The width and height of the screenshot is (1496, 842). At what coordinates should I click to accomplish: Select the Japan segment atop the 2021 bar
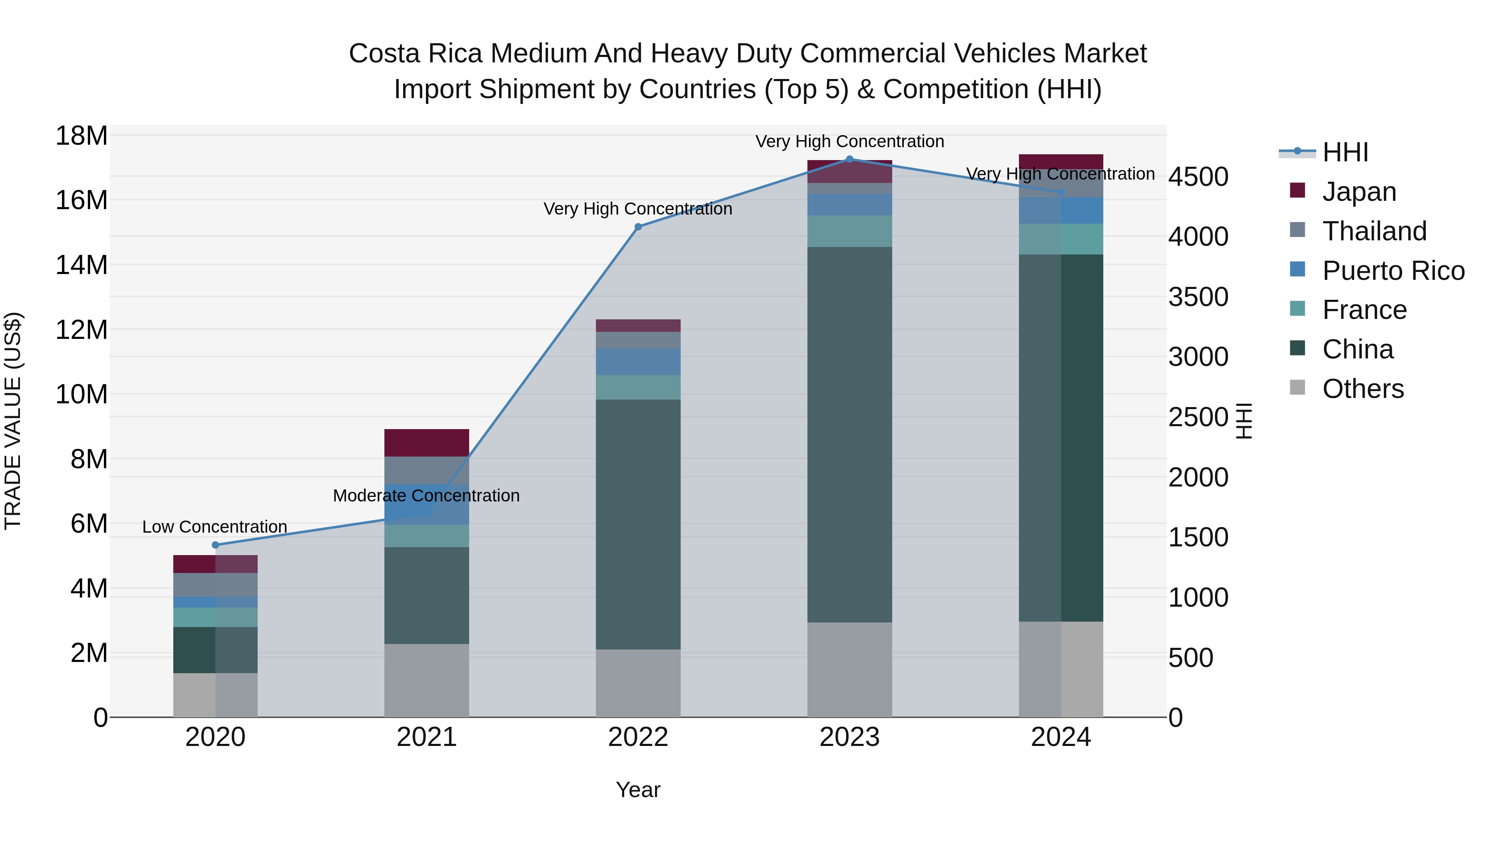point(426,443)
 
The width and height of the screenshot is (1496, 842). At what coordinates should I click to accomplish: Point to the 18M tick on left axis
point(81,136)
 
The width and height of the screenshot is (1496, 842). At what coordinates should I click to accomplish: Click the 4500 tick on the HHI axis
point(1198,177)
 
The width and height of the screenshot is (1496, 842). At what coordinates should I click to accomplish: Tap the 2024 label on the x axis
point(1060,737)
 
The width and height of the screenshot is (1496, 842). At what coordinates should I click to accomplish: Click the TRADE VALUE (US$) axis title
point(13,421)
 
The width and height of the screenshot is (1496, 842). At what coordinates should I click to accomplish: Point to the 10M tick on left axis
point(81,395)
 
